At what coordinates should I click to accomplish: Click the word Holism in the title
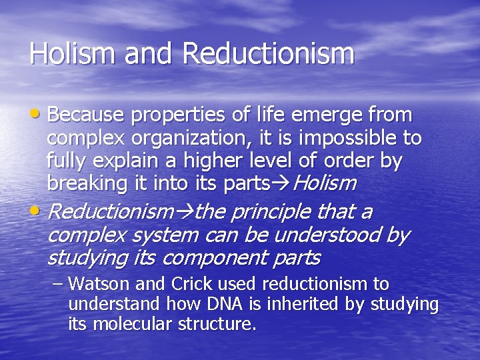tap(64, 54)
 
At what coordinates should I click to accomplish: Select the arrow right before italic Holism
tap(283, 183)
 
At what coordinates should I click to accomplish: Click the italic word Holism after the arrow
tap(325, 183)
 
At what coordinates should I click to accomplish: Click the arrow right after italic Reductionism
tap(183, 213)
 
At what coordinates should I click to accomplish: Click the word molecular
tap(137, 325)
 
